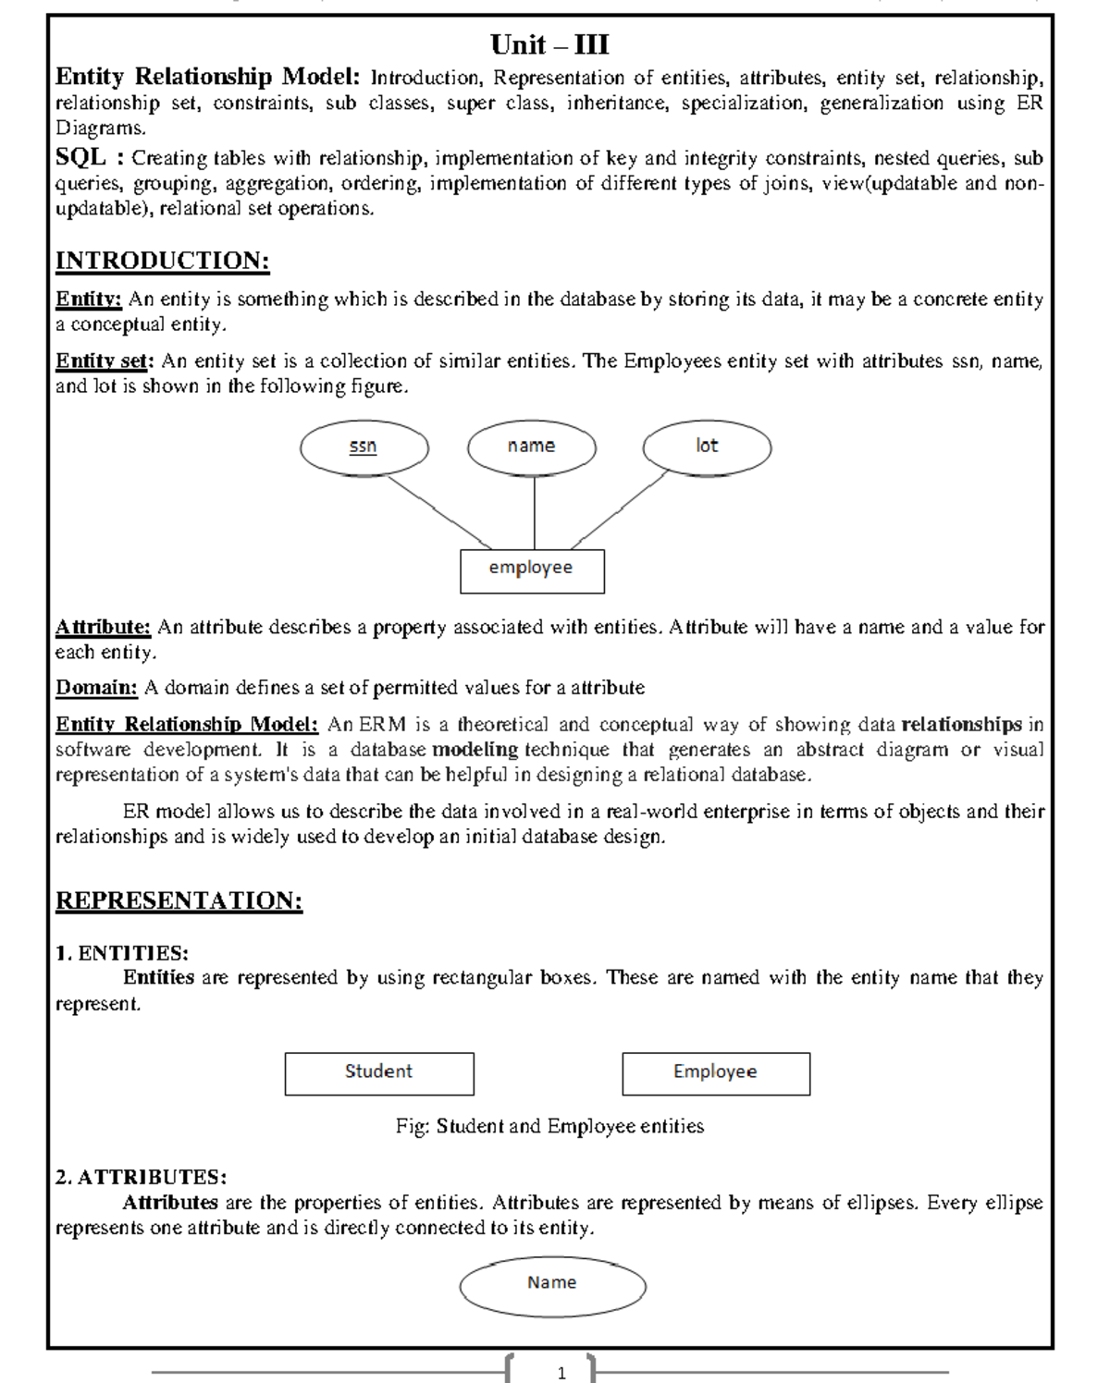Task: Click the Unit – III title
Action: (549, 44)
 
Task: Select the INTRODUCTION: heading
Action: (162, 261)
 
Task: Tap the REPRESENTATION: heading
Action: (179, 900)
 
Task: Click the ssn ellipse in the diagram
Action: (364, 447)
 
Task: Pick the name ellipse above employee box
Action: (532, 447)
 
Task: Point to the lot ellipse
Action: (707, 447)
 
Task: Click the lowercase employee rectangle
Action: (532, 570)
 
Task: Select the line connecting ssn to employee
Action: (439, 512)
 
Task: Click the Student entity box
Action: (379, 1073)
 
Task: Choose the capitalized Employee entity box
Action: (716, 1073)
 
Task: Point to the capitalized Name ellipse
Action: (552, 1285)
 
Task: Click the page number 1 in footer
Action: (561, 1373)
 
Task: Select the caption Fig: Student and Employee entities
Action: (549, 1126)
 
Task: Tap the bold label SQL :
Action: (90, 157)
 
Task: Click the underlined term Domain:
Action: (96, 688)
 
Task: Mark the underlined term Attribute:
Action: (103, 627)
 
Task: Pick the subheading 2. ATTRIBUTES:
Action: (141, 1177)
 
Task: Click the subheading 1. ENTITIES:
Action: (121, 953)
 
